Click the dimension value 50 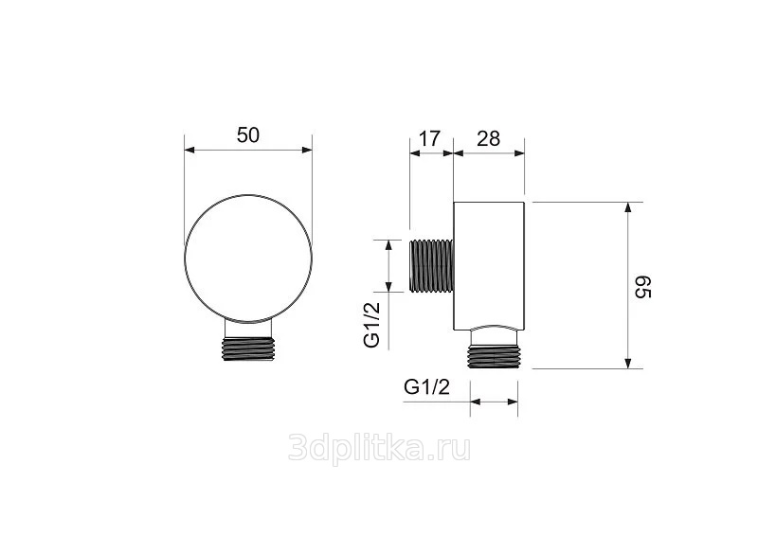248,135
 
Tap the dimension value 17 429,138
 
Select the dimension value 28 488,138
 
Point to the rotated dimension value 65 643,287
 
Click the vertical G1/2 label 371,325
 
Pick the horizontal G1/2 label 427,386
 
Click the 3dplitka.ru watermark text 380,448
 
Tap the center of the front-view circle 248,259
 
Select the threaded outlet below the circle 248,348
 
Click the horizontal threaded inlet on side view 431,265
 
